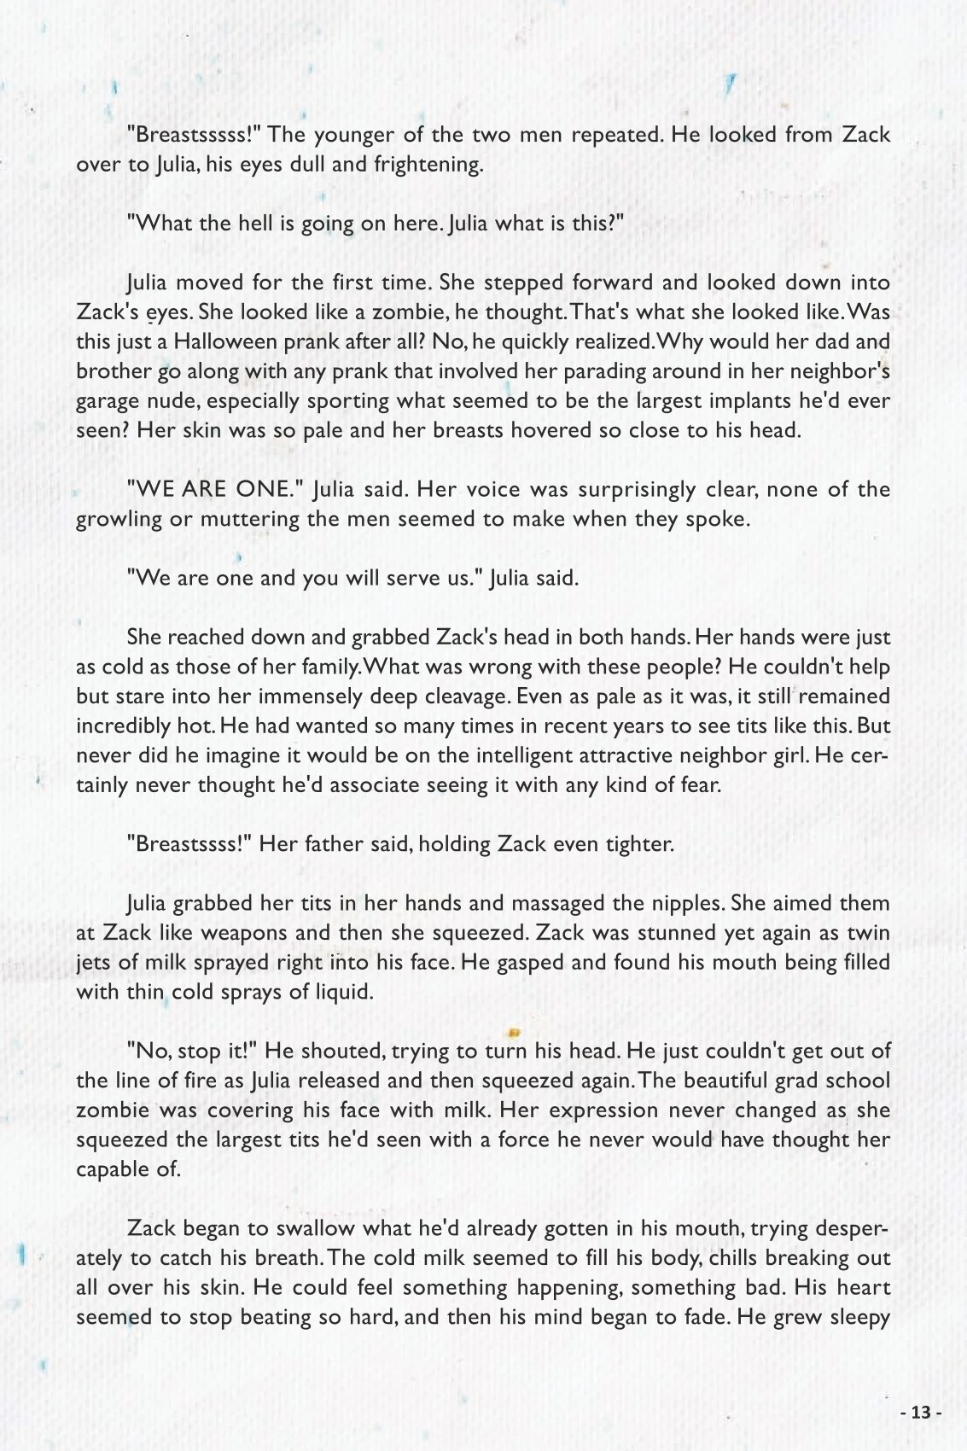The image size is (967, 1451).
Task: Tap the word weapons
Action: pyautogui.click(x=242, y=933)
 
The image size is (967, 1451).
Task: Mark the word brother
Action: pyautogui.click(x=113, y=372)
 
